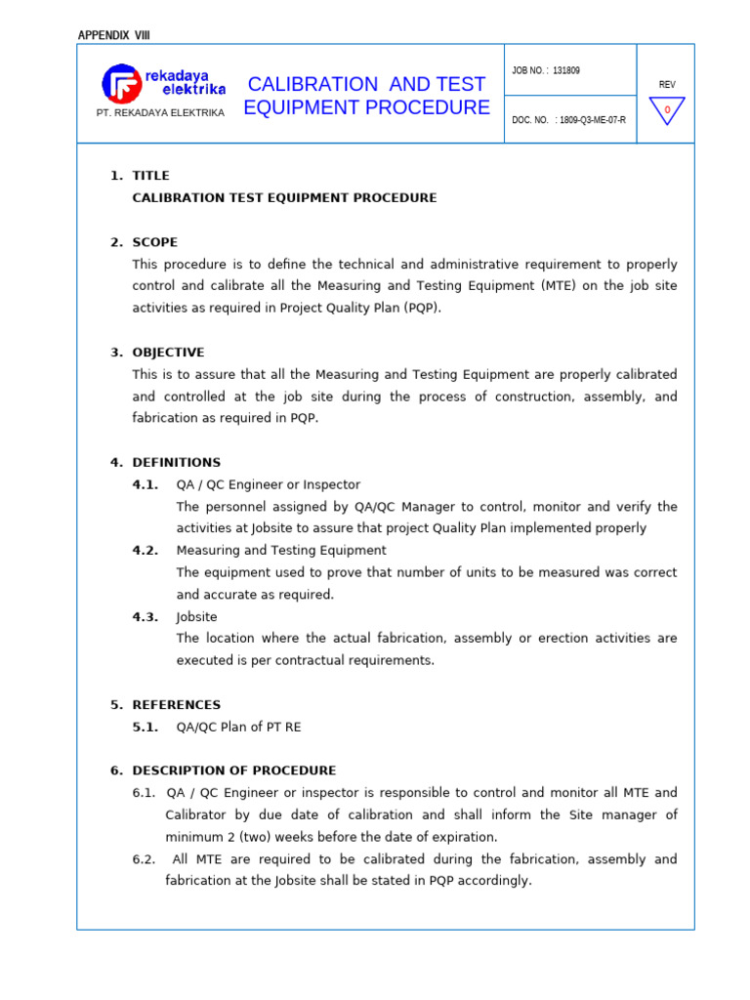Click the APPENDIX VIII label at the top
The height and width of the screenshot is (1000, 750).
[114, 36]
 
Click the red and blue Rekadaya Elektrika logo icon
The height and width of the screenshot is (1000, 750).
[121, 83]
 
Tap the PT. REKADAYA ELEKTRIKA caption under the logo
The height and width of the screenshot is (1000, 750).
[160, 113]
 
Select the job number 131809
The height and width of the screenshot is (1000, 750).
[565, 71]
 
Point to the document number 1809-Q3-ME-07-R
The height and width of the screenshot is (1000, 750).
[594, 120]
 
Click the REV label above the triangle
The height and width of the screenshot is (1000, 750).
[667, 85]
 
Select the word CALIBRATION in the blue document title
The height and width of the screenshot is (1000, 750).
[308, 84]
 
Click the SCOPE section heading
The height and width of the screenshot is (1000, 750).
[155, 242]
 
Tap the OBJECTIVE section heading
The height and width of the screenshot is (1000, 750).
[168, 353]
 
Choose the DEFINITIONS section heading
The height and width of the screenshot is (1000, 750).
[177, 463]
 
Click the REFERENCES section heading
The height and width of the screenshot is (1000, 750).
[177, 705]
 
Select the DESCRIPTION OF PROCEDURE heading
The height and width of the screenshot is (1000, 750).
[234, 771]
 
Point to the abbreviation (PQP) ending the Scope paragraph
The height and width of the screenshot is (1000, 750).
[420, 308]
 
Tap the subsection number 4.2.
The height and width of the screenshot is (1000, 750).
[146, 551]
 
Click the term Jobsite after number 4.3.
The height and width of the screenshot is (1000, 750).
[196, 617]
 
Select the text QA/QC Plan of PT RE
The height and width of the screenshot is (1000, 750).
[245, 727]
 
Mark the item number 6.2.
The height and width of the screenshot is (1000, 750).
[145, 859]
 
